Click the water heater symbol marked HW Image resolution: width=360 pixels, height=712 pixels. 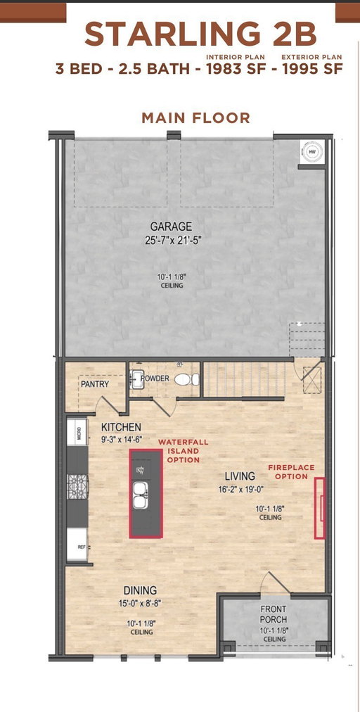click(312, 152)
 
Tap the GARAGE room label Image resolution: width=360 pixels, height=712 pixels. click(171, 226)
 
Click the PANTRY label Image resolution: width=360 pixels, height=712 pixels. click(95, 384)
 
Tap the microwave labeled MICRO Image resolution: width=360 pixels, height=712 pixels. click(77, 431)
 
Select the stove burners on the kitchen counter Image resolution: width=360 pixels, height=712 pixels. click(77, 486)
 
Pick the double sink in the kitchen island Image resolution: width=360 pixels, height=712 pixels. click(140, 495)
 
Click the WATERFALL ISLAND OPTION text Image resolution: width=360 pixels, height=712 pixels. click(184, 451)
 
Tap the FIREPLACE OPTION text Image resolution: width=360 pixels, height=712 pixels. click(291, 472)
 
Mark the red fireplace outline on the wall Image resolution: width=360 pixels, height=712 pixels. click(320, 508)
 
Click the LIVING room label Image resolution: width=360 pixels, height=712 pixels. click(240, 476)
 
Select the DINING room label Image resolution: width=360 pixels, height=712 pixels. click(141, 590)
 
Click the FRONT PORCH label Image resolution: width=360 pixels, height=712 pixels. click(274, 614)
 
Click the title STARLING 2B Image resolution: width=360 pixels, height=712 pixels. click(200, 34)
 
